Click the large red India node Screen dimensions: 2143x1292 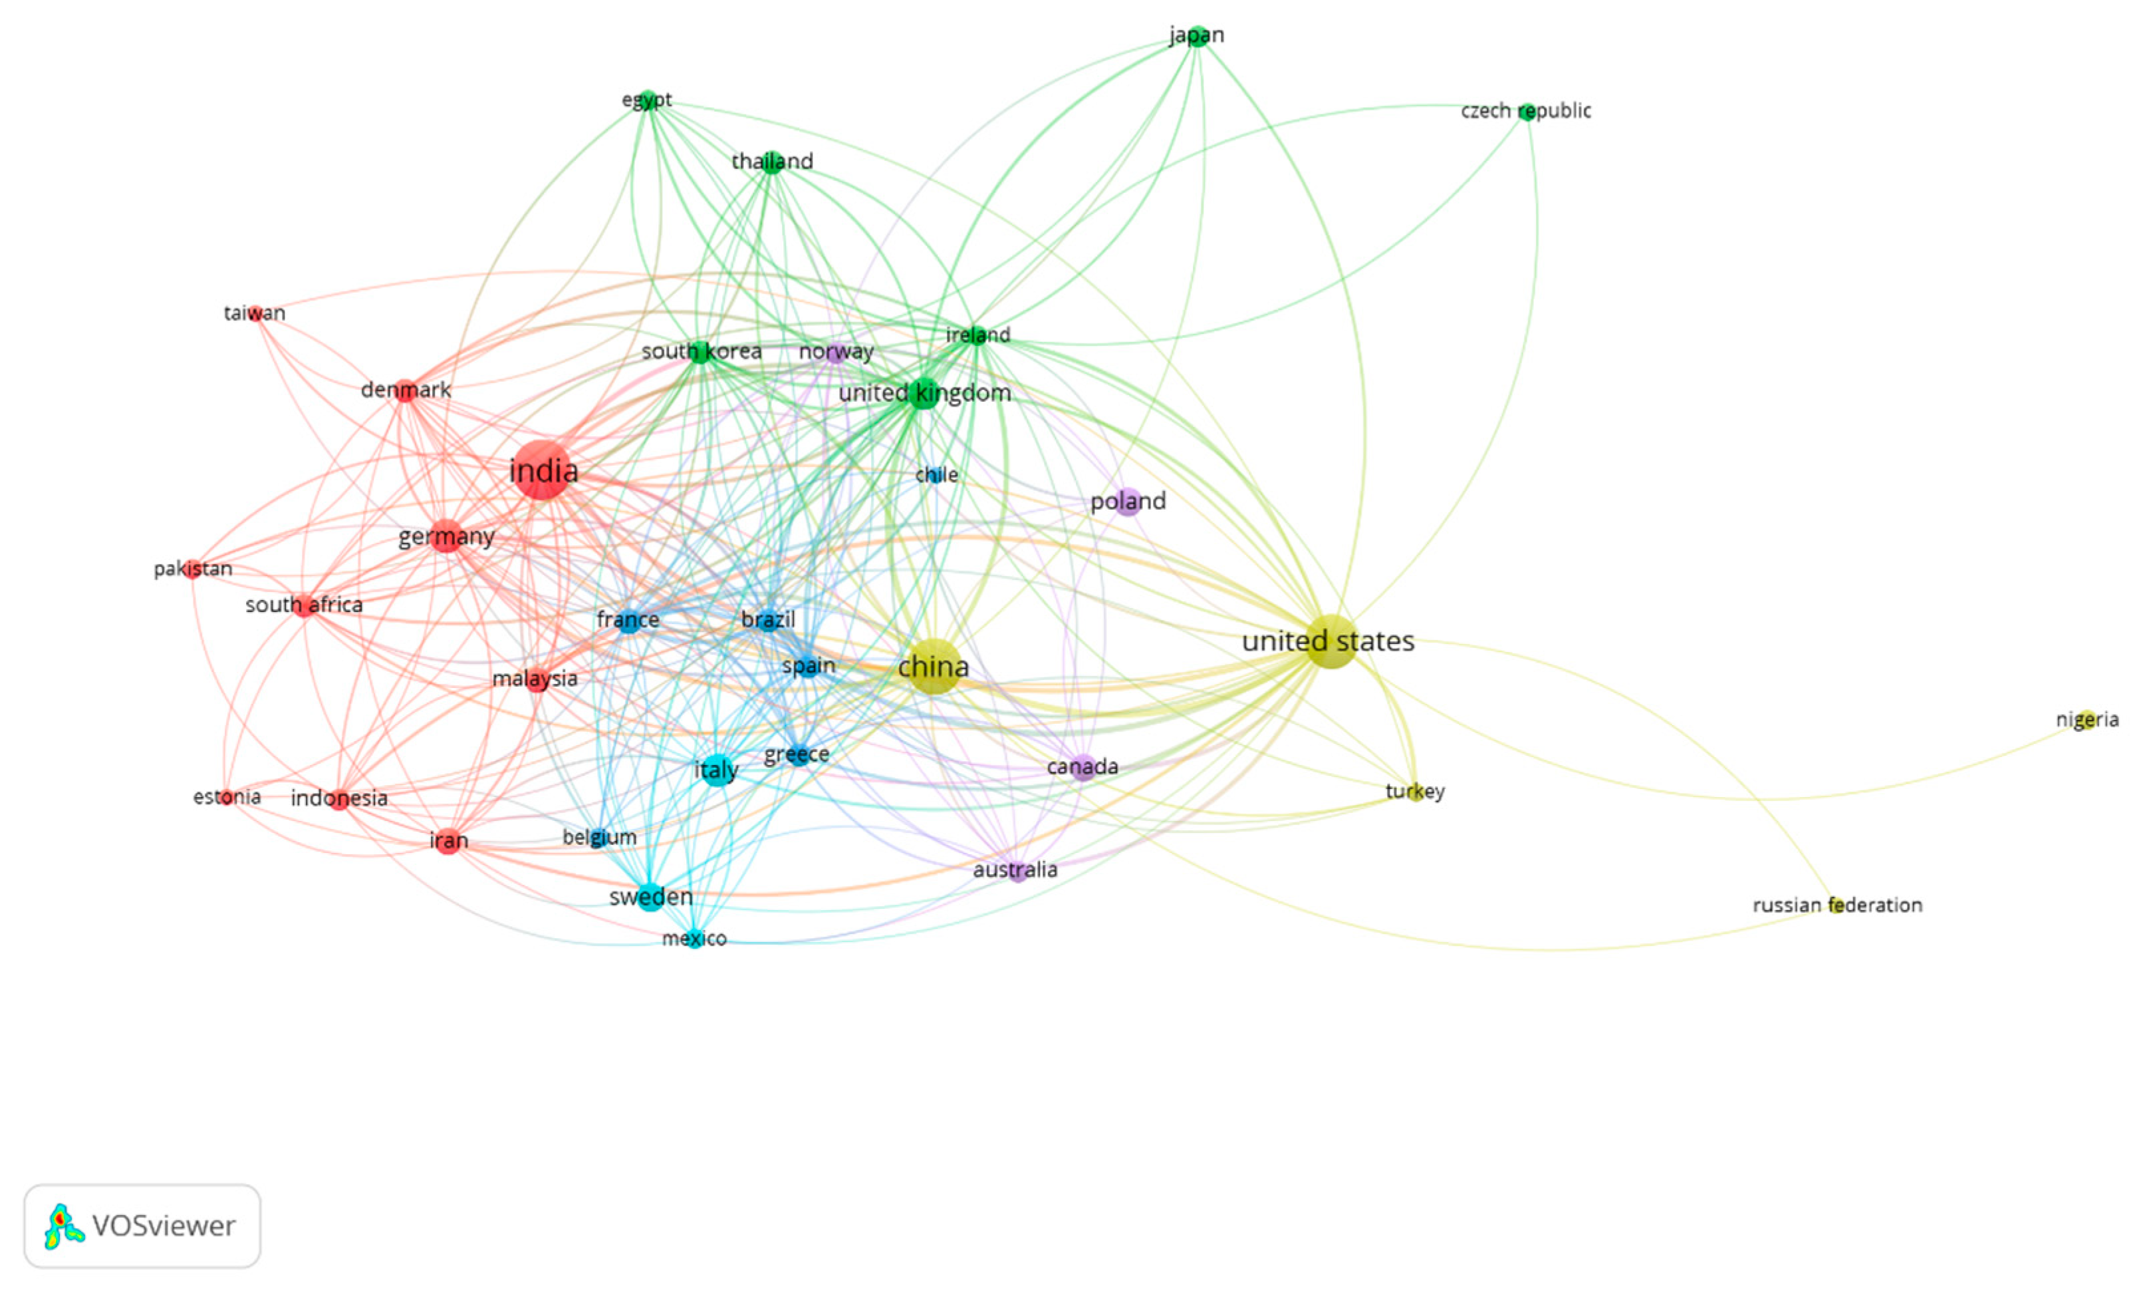[543, 470]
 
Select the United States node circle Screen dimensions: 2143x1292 [1330, 641]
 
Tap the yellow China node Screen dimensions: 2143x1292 [934, 667]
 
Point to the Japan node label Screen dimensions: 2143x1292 [1197, 35]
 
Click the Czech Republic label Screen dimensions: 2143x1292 [1527, 110]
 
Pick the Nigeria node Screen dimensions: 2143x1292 [2086, 720]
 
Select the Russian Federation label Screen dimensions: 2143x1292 [1837, 905]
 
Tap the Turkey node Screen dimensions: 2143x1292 [1415, 792]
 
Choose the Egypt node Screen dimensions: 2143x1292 [647, 99]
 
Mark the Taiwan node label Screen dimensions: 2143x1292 [254, 312]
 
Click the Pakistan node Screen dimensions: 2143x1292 [192, 569]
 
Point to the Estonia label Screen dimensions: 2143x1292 [227, 797]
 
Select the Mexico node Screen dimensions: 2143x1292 [694, 938]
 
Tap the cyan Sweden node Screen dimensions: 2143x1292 [650, 897]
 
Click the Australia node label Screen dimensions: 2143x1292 [1015, 869]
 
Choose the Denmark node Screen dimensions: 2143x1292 [406, 390]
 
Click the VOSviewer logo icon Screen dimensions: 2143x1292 [64, 1227]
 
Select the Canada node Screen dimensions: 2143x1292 [1082, 766]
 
